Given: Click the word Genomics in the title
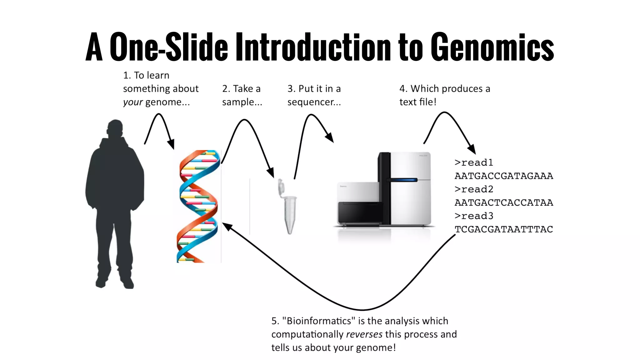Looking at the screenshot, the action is click(492, 47).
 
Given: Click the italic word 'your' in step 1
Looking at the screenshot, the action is click(133, 102).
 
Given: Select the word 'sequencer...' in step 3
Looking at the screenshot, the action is click(314, 102).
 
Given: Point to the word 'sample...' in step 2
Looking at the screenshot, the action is click(242, 102).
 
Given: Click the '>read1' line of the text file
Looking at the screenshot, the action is click(474, 162).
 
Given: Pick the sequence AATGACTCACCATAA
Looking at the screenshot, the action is click(504, 202).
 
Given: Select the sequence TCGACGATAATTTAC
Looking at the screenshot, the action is click(504, 229).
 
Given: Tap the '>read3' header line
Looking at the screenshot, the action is click(474, 216).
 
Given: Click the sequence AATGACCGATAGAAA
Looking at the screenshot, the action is click(504, 176).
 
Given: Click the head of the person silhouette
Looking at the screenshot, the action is click(115, 128).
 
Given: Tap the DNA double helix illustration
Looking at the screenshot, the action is click(197, 206).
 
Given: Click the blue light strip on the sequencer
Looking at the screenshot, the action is click(402, 180).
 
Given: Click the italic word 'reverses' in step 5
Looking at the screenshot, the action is click(364, 334).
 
